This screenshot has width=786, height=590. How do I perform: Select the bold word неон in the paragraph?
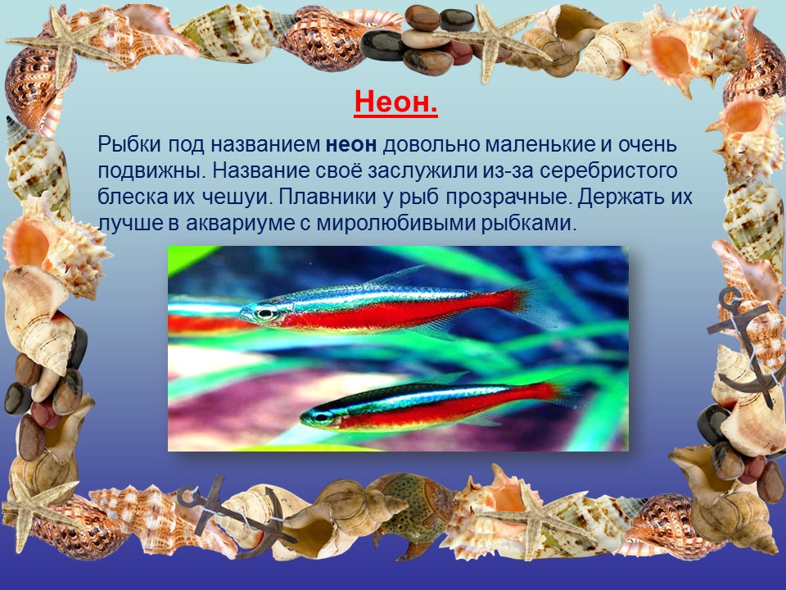(x=351, y=145)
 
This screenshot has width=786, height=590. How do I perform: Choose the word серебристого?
(x=608, y=171)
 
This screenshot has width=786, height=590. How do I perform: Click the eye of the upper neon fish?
(x=265, y=314)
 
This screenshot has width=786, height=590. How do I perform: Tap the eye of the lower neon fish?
(x=320, y=417)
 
